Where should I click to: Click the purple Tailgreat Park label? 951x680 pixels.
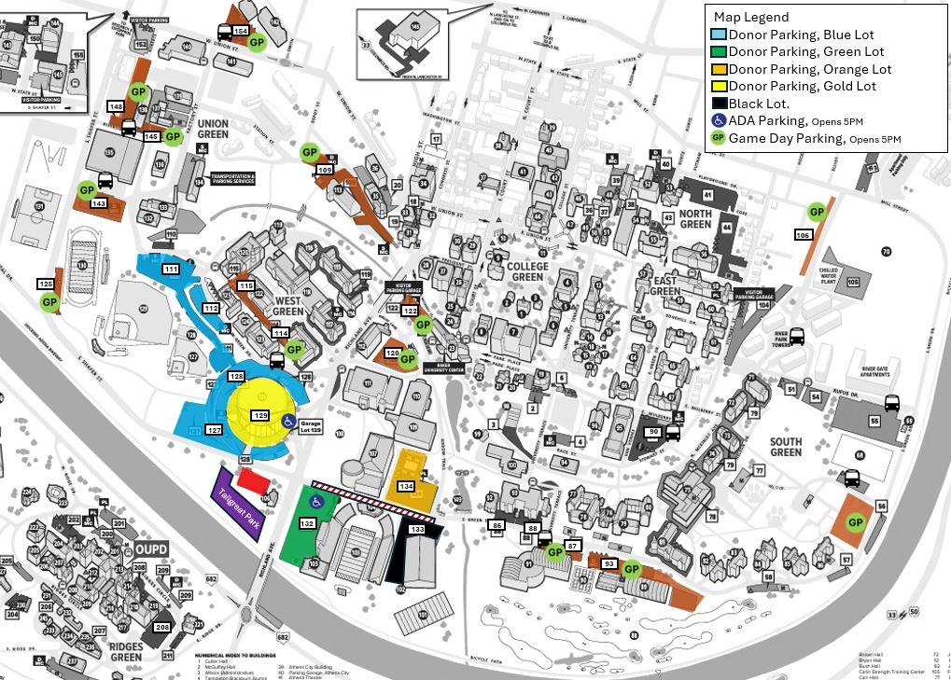click(237, 504)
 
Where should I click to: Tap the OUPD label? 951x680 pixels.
click(151, 549)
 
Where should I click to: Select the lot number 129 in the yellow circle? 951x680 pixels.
click(260, 415)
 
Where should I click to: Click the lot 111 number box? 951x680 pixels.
click(170, 269)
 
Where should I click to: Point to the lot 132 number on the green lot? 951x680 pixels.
click(307, 523)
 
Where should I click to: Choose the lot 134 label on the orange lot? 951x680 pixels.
click(406, 486)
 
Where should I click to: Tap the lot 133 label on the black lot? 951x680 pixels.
click(417, 529)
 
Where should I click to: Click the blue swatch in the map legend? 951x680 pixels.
click(719, 35)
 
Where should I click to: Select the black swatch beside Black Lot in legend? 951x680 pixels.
click(719, 104)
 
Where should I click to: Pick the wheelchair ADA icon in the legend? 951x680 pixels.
click(719, 120)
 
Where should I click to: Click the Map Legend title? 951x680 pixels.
click(750, 17)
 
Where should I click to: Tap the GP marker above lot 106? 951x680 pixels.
click(817, 212)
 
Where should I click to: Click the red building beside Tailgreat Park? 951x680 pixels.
click(254, 480)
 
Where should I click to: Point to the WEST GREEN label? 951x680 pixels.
click(289, 306)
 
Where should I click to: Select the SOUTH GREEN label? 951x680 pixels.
click(786, 447)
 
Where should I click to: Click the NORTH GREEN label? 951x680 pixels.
click(695, 218)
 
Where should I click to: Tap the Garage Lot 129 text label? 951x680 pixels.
click(311, 426)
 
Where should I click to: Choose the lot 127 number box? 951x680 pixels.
click(214, 430)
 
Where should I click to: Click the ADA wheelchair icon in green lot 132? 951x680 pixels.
click(316, 502)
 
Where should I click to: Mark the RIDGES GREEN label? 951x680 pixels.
click(126, 651)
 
